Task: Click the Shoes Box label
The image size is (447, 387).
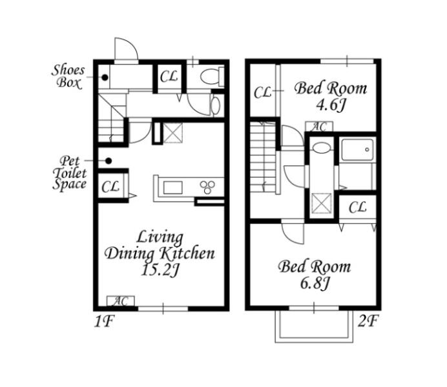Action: [x=68, y=77]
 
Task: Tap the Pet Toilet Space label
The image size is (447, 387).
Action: [x=70, y=173]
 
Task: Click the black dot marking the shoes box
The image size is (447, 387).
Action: [x=105, y=77]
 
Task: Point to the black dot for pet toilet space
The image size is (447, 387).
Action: [x=109, y=161]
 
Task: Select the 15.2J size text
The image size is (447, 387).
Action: [x=160, y=270]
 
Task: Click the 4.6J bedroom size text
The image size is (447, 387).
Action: [x=331, y=105]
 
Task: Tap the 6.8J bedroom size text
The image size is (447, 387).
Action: [x=315, y=283]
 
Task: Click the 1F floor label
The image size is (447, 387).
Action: [x=104, y=322]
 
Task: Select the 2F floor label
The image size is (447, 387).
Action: [x=368, y=322]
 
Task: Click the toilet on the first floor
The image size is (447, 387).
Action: [x=213, y=76]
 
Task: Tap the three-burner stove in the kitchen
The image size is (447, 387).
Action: [x=207, y=187]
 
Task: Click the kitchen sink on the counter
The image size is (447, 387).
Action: [x=173, y=188]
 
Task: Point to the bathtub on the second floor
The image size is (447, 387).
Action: [x=357, y=150]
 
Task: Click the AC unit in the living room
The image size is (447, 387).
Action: [x=121, y=301]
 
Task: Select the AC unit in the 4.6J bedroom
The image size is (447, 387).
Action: [x=319, y=126]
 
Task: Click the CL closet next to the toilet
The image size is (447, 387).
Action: [x=169, y=76]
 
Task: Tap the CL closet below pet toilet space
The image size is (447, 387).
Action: [x=111, y=186]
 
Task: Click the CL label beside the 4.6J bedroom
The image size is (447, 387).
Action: [x=262, y=92]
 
